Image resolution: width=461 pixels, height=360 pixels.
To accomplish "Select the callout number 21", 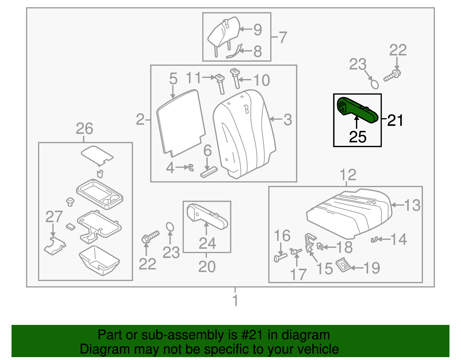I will click(395, 120).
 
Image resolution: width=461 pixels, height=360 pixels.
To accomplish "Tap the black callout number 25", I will click(358, 137).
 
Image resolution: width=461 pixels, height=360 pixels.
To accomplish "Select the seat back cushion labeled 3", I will click(245, 133).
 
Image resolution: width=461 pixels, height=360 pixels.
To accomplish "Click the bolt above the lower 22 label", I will click(150, 236).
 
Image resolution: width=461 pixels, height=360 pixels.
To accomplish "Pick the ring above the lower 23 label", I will click(170, 227).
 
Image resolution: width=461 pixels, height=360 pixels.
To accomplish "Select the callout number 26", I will click(84, 129).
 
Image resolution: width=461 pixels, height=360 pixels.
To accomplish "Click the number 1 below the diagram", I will click(235, 300).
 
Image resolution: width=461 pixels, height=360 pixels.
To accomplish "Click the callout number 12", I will click(348, 175).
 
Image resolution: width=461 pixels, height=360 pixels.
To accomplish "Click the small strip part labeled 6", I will click(209, 172).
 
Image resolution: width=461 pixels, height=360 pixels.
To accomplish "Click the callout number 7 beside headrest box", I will click(283, 37).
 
